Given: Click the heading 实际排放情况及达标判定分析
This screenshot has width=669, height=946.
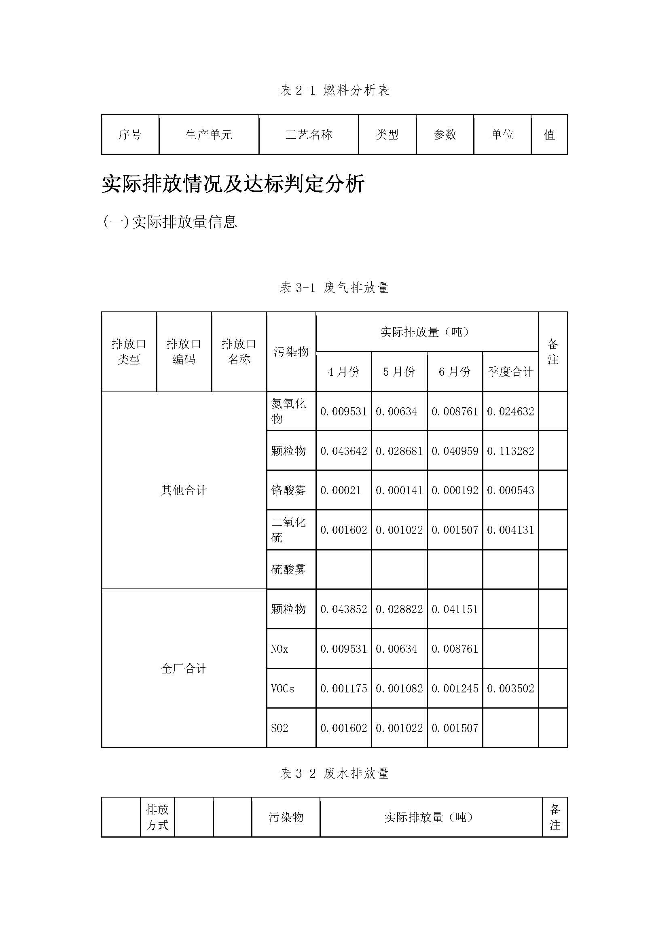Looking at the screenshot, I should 233,184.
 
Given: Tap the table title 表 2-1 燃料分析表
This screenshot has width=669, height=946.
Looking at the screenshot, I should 334,90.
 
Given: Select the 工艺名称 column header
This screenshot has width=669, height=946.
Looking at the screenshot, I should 309,135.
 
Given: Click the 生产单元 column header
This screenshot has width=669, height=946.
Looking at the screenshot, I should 209,135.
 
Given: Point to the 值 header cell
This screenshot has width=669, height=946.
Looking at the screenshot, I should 549,135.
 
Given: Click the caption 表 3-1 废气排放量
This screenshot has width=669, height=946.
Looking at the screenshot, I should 334,288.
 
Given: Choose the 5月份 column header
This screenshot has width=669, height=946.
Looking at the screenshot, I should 399,372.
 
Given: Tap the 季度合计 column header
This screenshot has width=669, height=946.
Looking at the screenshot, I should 510,372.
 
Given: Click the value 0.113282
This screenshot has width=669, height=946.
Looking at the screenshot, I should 510,451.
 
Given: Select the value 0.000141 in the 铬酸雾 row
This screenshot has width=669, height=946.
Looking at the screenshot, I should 399,490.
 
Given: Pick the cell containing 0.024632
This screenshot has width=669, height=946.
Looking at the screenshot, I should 510,411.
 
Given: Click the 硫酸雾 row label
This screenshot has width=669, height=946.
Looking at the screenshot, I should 288,569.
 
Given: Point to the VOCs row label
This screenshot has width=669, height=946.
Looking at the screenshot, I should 283,688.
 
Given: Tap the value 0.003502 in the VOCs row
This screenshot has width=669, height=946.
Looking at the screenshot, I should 510,688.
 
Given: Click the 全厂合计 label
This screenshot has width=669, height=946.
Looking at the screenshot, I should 184,668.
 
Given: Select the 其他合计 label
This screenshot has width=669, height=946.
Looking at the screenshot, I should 184,490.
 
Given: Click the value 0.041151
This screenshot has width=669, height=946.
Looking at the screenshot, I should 455,609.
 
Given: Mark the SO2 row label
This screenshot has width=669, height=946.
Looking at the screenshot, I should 279,728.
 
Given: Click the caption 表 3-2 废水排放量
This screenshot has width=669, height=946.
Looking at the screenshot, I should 334,773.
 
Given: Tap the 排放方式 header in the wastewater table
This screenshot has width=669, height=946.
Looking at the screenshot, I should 157,817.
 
